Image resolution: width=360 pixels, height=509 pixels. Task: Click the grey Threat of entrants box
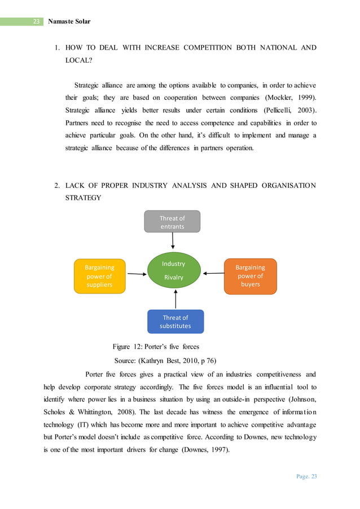click(x=172, y=222)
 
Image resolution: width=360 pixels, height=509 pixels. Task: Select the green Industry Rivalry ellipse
click(x=173, y=271)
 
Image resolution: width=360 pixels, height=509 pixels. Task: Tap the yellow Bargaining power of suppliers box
click(x=99, y=276)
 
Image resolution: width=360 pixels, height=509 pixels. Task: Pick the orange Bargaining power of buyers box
click(x=250, y=276)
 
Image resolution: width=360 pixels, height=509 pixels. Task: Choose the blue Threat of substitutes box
click(x=175, y=321)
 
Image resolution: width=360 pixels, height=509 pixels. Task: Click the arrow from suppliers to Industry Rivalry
click(x=137, y=274)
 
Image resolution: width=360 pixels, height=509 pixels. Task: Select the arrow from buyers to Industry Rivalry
click(x=213, y=273)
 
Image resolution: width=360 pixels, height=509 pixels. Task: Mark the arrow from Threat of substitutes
click(x=176, y=299)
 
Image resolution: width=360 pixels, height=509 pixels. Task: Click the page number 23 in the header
click(x=36, y=21)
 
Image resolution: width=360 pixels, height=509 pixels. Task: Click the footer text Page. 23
click(x=306, y=476)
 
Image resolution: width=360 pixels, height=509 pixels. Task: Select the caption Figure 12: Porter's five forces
click(x=156, y=346)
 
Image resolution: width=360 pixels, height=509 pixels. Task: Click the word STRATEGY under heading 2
click(x=84, y=198)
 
